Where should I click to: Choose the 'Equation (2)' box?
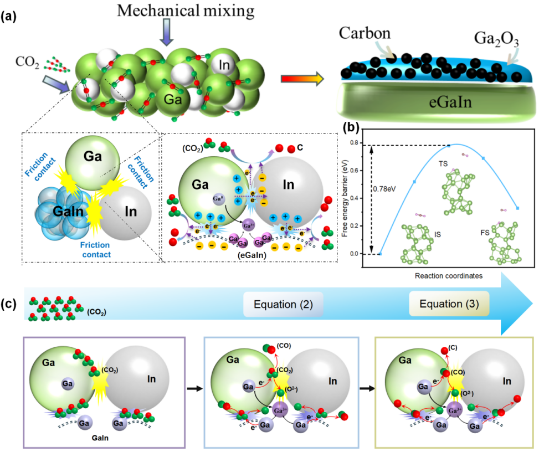tap(283, 305)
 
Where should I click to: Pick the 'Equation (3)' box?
tap(449, 304)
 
